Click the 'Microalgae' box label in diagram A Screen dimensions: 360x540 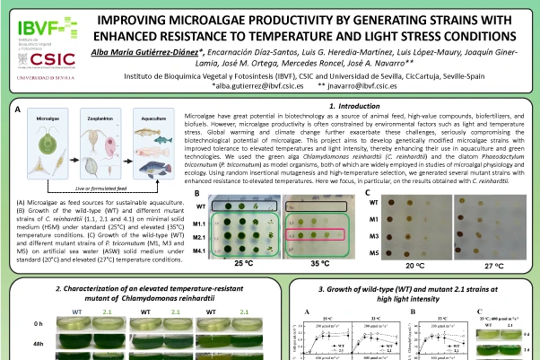[x=48, y=118]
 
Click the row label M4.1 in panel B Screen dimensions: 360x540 [x=200, y=251]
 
